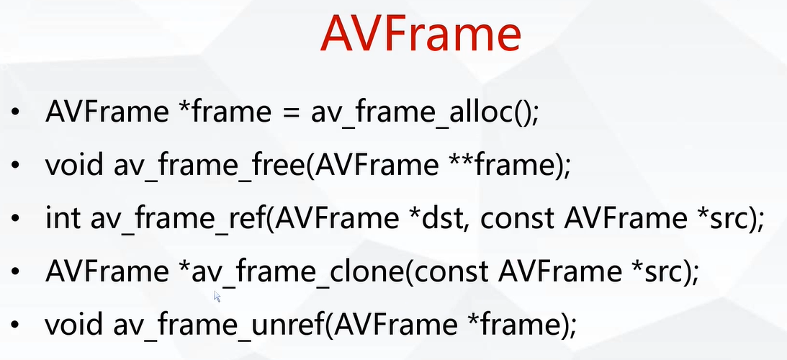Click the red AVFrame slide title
pyautogui.click(x=421, y=34)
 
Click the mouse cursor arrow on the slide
pyautogui.click(x=217, y=295)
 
